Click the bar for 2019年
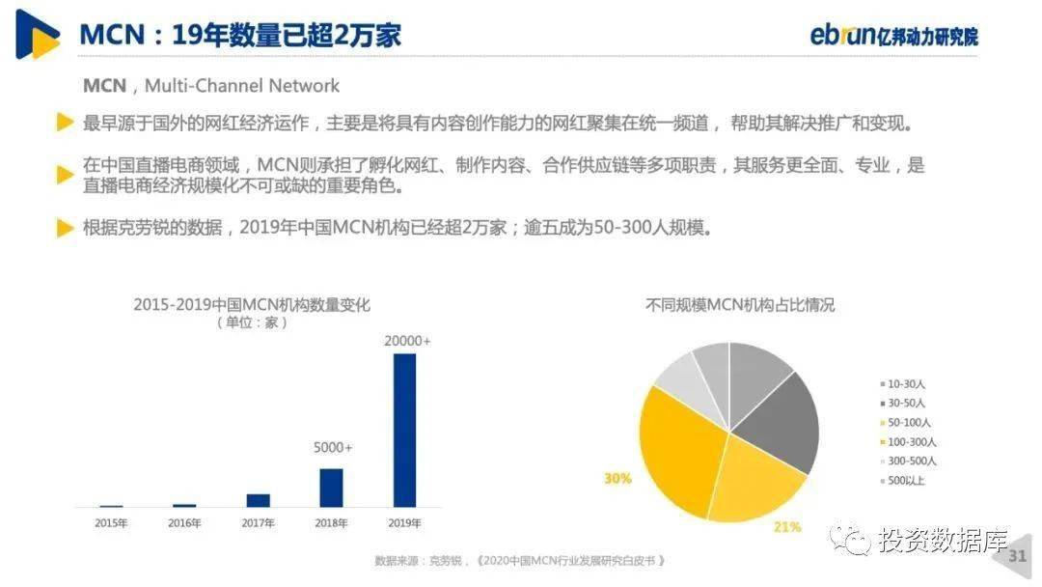tap(404, 430)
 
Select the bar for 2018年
tap(331, 488)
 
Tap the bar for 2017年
tap(258, 500)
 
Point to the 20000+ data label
tap(407, 341)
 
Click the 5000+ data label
tap(333, 448)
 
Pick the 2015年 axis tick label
tap(111, 523)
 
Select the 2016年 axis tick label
tap(184, 523)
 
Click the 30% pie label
tap(617, 479)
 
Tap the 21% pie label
tap(787, 527)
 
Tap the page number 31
tap(1018, 556)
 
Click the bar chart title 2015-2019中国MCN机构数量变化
tap(252, 305)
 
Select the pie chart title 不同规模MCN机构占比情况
tap(740, 305)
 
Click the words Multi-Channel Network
tap(242, 86)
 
